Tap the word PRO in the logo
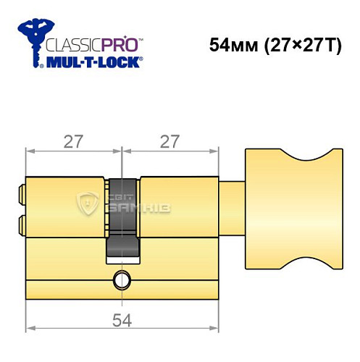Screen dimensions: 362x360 120,46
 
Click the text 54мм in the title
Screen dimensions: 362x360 231,45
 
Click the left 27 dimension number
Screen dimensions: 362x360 72,143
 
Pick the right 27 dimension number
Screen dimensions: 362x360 169,143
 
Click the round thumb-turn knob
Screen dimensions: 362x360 293,206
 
